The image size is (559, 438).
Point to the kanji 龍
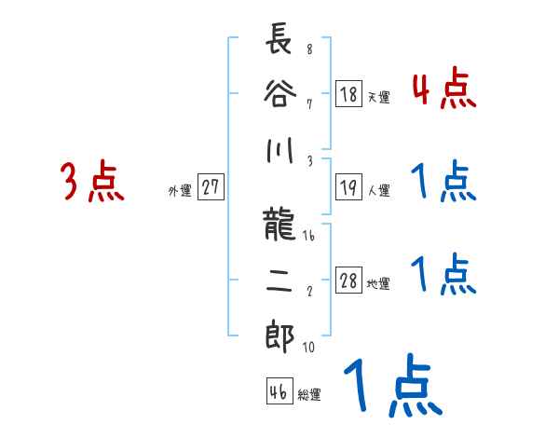279,227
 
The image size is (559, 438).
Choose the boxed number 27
211,187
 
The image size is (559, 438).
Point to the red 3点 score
91,183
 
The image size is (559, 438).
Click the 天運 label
378,97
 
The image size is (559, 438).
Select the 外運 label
180,189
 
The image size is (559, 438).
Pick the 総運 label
309,394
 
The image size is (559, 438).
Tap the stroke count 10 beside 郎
309,347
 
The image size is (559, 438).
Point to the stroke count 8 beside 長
308,49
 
